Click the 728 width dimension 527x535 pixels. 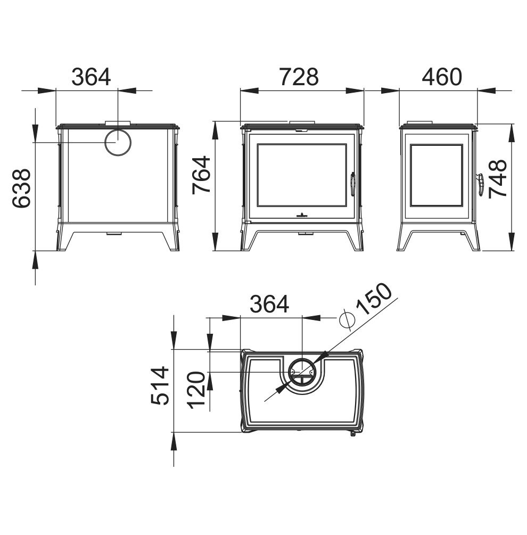tap(299, 77)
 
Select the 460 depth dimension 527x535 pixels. tap(442, 77)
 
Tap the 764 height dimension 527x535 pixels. tap(201, 175)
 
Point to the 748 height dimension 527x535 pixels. tap(498, 179)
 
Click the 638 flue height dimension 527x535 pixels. tap(21, 188)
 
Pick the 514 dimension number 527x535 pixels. tap(160, 385)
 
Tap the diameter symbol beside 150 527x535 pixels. tap(347, 320)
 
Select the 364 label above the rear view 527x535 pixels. tap(91, 77)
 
